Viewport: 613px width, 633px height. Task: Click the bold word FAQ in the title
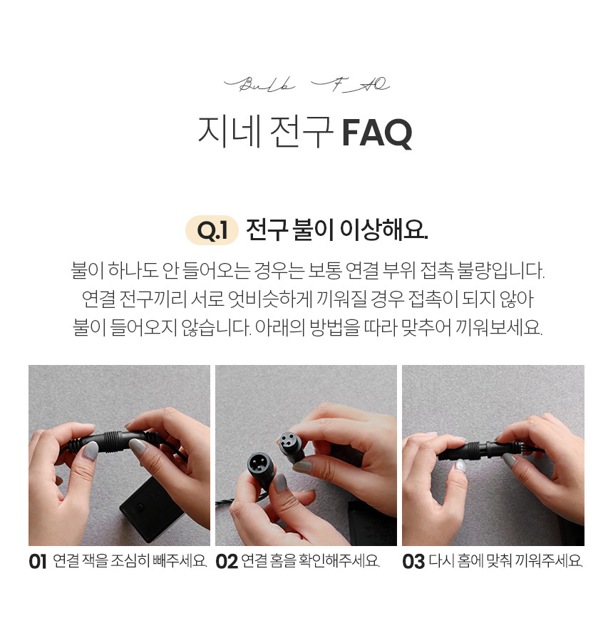[377, 133]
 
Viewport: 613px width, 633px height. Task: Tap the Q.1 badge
[212, 230]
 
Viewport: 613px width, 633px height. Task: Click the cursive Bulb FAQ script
[306, 84]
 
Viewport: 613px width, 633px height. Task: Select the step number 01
[38, 562]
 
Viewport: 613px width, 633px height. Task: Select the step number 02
[227, 562]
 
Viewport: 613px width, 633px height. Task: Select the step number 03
[413, 562]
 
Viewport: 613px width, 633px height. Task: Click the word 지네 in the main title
[230, 132]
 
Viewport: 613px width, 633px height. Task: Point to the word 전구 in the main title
[301, 132]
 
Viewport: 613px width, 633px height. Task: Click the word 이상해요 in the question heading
[383, 230]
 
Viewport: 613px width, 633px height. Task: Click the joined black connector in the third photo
[489, 450]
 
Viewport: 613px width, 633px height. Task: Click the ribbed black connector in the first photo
[113, 441]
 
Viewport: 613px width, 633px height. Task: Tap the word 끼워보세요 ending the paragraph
[498, 327]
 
